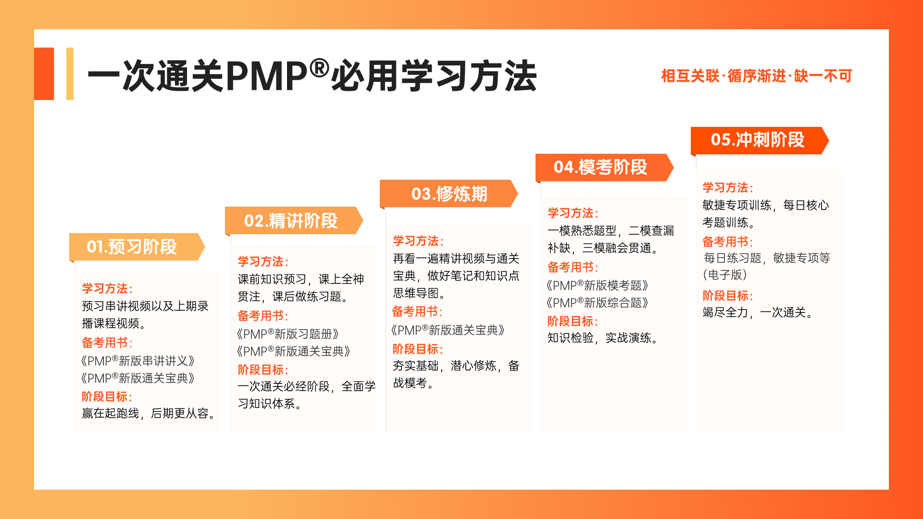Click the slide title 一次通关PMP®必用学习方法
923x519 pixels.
click(312, 76)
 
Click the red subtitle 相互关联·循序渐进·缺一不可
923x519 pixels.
click(756, 76)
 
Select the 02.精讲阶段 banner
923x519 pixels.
click(291, 221)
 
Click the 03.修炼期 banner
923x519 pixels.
click(448, 194)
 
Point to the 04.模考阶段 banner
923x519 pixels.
click(601, 167)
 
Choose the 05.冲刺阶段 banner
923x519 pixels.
click(758, 140)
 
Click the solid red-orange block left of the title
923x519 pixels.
click(44, 74)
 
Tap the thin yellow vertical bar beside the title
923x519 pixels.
click(70, 74)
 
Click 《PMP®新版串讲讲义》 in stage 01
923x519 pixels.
click(138, 361)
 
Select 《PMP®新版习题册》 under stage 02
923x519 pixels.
click(288, 334)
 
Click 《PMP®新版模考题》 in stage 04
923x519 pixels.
click(598, 285)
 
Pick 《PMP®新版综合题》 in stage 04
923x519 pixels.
click(598, 303)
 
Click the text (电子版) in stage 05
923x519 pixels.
click(725, 275)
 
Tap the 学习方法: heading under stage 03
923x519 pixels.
click(418, 241)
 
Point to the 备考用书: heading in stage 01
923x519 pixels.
click(107, 343)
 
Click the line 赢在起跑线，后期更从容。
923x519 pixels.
click(149, 413)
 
